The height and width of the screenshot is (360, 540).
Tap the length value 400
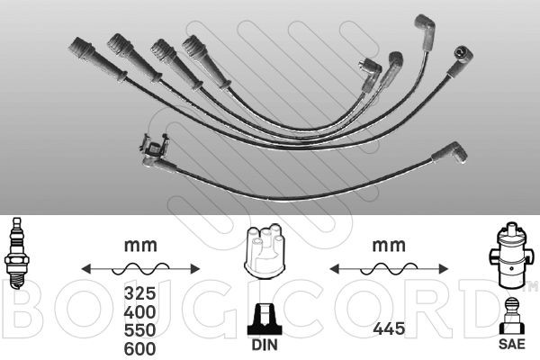pyautogui.click(x=139, y=312)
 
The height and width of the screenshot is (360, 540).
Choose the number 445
pyautogui.click(x=388, y=331)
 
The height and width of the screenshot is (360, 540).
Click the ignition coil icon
pyautogui.click(x=509, y=253)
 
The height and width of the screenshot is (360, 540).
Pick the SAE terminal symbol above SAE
pyautogui.click(x=511, y=315)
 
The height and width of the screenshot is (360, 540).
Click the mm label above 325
pyautogui.click(x=139, y=244)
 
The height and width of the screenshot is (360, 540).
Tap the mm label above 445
pyautogui.click(x=388, y=244)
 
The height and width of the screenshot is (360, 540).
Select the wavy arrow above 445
pyautogui.click(x=388, y=268)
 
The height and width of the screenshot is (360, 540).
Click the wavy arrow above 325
pyautogui.click(x=139, y=268)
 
